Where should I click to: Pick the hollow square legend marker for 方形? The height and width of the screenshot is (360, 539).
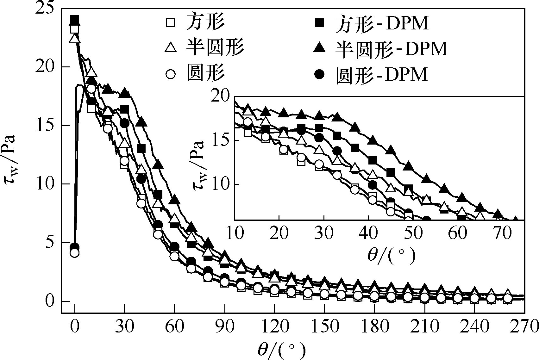point(171,23)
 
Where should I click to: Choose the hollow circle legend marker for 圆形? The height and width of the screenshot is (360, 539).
point(171,75)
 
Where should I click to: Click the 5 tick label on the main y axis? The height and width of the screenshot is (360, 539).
point(48,243)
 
